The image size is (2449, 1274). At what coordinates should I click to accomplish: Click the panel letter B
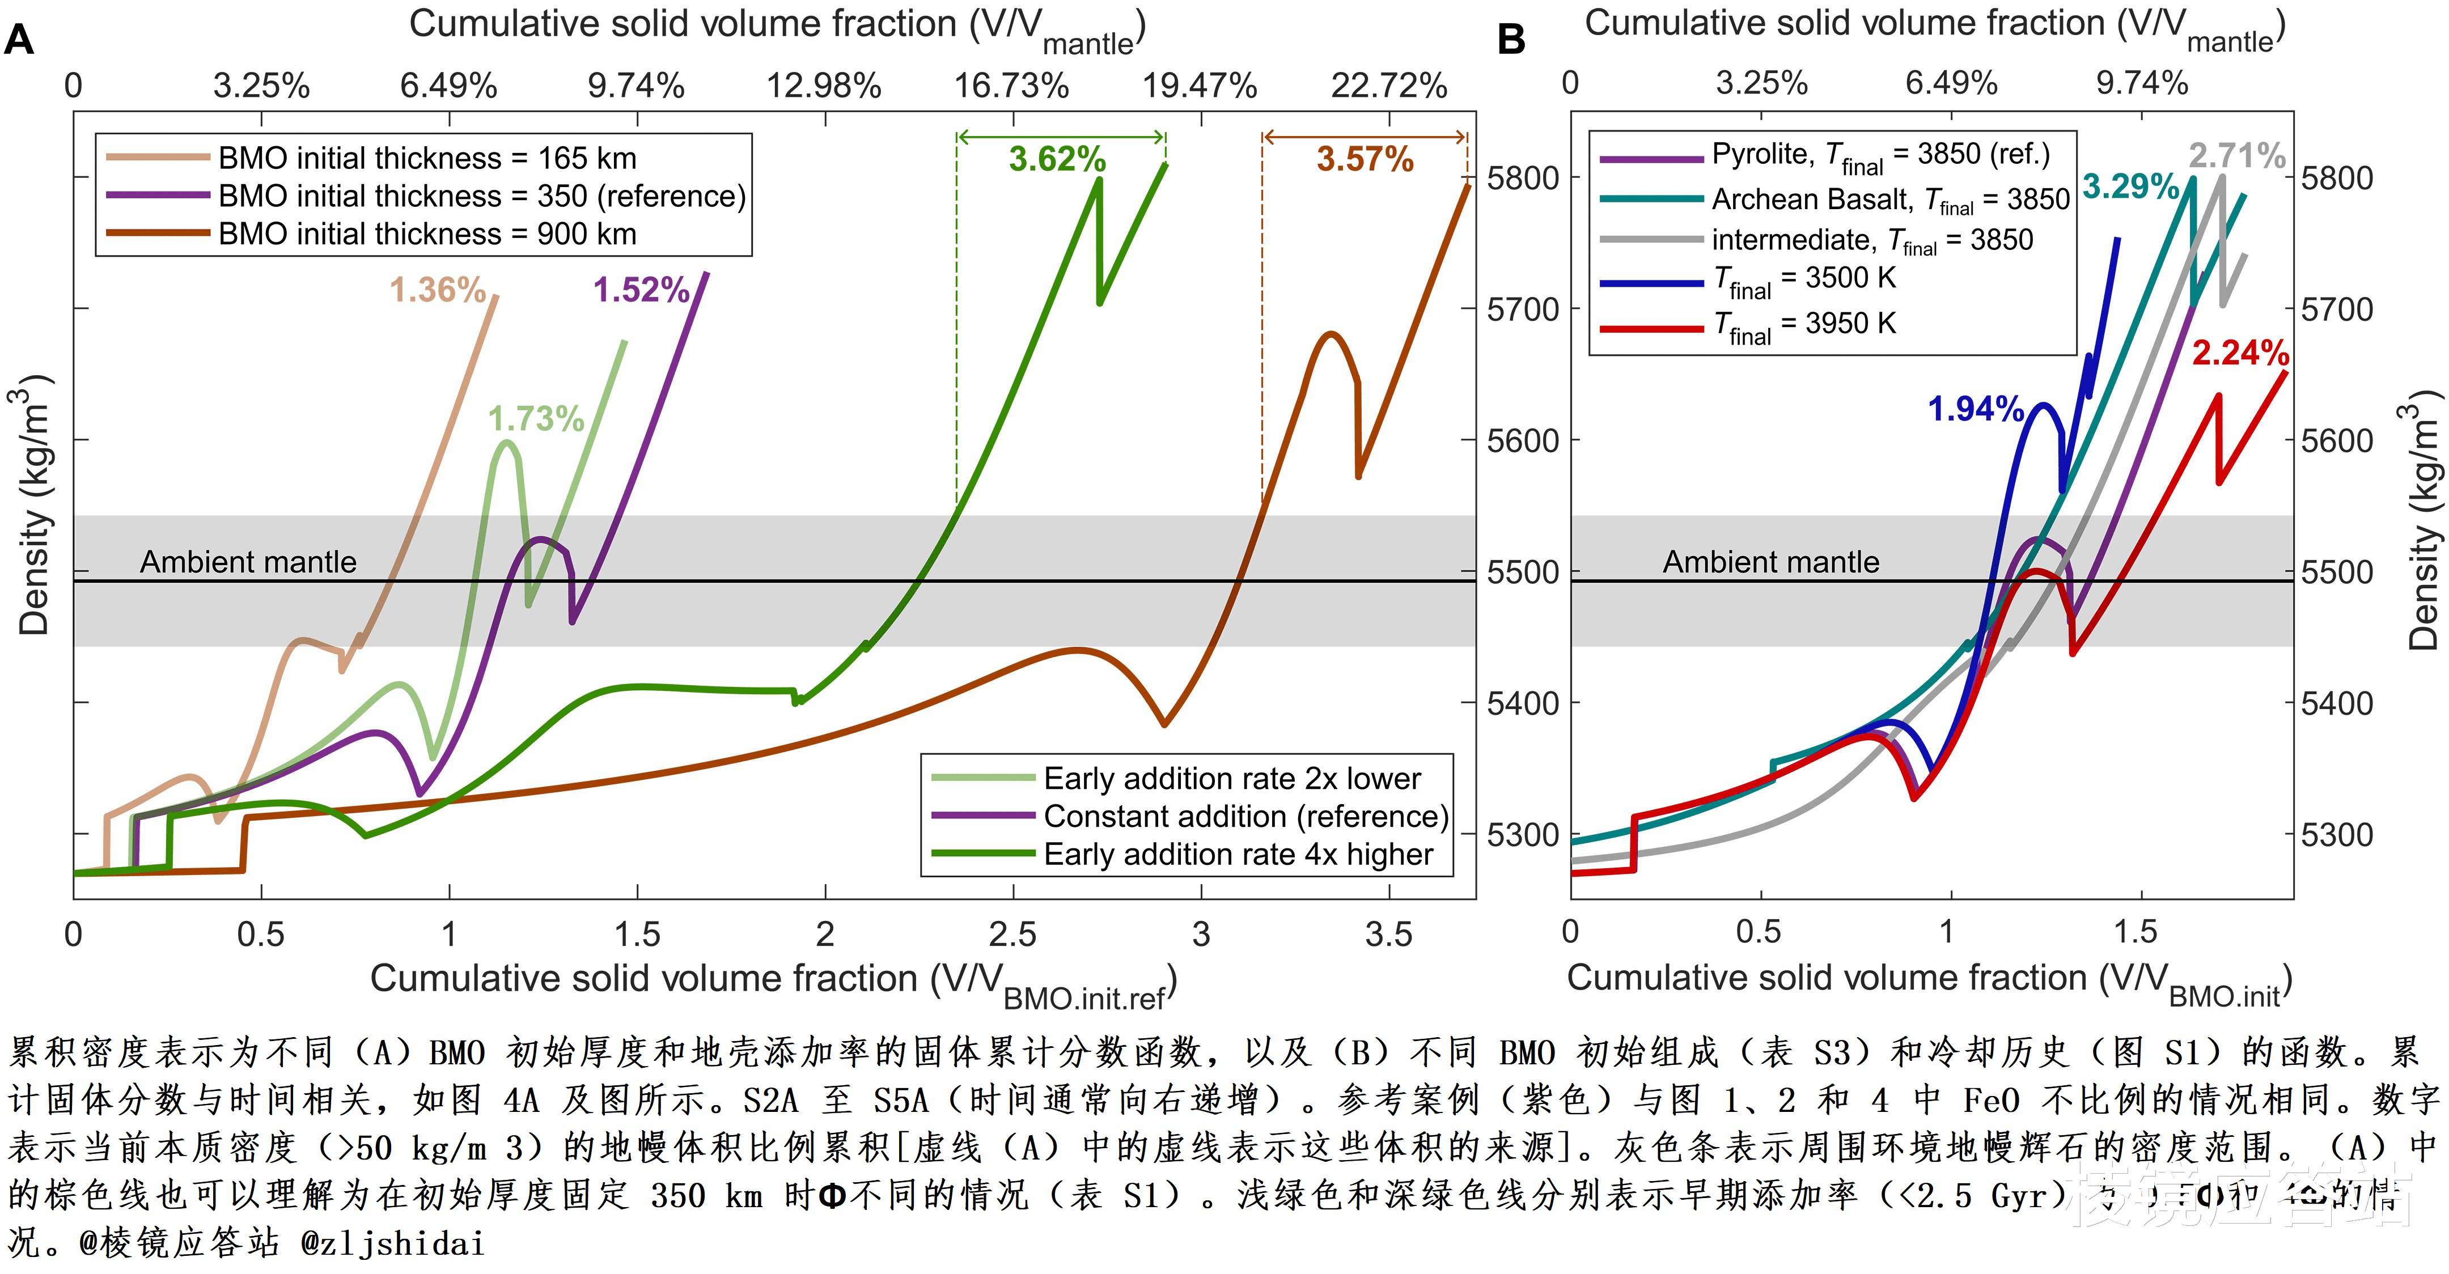(1511, 40)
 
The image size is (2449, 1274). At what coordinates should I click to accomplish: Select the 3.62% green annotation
(1057, 159)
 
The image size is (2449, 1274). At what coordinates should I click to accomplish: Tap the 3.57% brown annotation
(1365, 159)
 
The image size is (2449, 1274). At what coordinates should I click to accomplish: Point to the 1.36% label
(437, 289)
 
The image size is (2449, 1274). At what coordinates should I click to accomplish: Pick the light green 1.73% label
(535, 418)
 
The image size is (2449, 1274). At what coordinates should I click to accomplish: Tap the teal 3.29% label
(2130, 186)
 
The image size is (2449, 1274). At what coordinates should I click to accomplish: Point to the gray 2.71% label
(2236, 155)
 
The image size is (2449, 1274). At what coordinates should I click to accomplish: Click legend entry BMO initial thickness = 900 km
(427, 234)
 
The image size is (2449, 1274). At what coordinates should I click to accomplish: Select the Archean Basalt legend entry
(1889, 199)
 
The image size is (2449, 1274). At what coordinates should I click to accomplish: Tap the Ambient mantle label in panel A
(248, 562)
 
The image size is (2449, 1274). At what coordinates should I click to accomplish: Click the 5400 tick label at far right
(2336, 703)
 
